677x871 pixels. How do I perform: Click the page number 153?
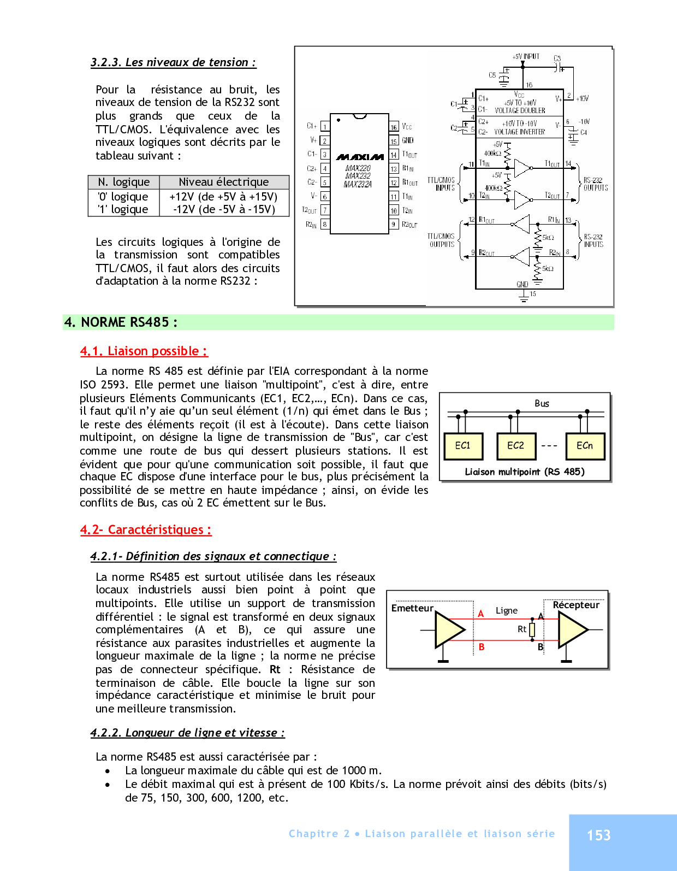point(598,835)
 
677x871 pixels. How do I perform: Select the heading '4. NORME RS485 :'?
point(121,322)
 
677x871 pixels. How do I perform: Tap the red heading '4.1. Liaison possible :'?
point(144,351)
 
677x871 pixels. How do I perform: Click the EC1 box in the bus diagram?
point(462,446)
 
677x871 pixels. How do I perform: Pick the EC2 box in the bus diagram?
point(515,446)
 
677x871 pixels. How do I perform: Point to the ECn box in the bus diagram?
point(585,446)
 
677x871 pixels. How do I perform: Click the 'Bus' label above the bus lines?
point(542,403)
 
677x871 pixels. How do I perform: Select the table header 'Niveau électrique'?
point(224,182)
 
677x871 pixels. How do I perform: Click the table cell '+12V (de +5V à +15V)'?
point(223,197)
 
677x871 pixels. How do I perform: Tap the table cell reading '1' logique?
point(123,209)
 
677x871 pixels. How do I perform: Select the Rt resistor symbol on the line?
point(532,629)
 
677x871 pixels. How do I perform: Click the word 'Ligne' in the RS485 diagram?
point(506,610)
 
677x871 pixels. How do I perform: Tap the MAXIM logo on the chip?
point(359,157)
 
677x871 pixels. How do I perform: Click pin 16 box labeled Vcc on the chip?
point(394,127)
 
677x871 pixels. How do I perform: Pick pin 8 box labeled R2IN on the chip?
point(325,224)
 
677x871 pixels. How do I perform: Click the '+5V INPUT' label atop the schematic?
point(526,56)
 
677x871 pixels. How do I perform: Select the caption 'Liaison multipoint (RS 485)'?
point(524,472)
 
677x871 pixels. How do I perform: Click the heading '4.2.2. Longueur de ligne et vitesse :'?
point(187,733)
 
